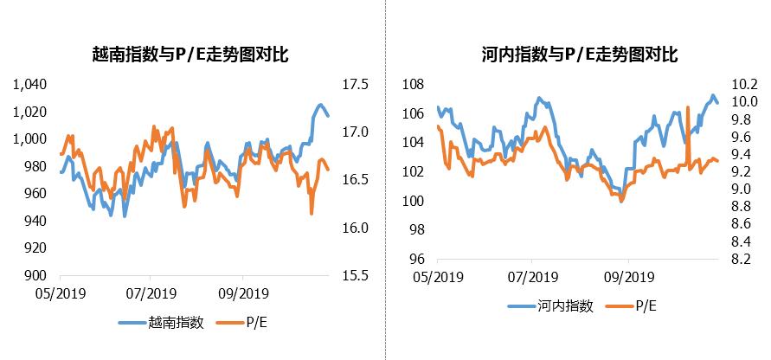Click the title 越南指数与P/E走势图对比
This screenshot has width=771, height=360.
click(x=190, y=54)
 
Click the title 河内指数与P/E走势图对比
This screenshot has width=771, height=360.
click(x=579, y=54)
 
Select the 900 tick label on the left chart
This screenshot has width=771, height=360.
click(x=35, y=275)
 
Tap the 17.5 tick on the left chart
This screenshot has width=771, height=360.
click(x=356, y=84)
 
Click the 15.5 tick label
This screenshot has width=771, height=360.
click(x=356, y=275)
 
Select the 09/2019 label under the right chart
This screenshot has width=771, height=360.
click(x=627, y=277)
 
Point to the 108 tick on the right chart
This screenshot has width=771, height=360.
click(x=414, y=84)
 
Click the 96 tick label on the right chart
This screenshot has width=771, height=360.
click(x=416, y=259)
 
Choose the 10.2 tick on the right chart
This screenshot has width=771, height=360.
click(x=745, y=84)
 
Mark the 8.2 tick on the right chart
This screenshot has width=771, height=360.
click(x=745, y=259)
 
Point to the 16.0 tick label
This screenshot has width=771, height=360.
click(x=356, y=228)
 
